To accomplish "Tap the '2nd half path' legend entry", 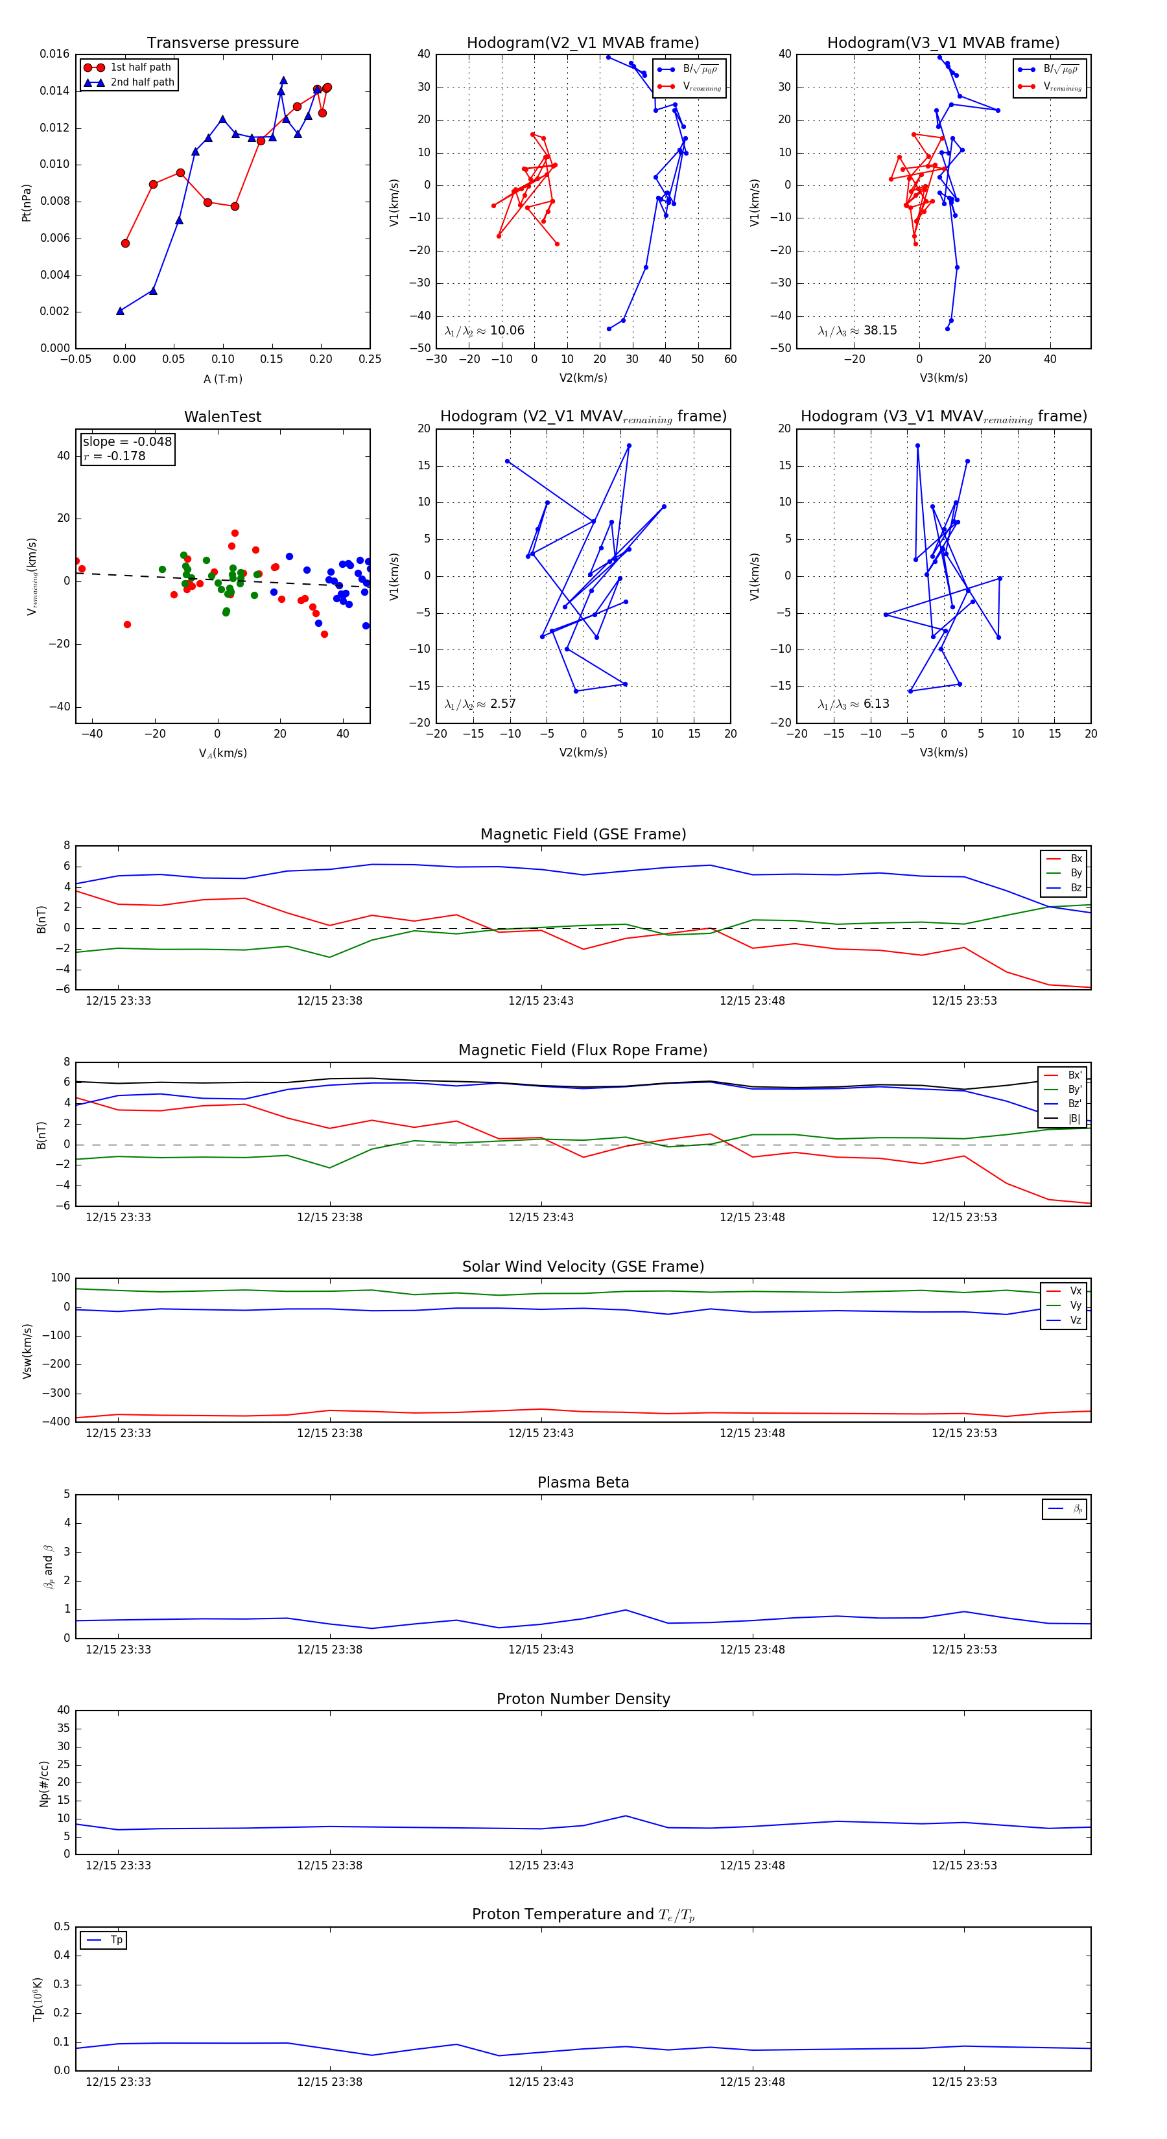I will [x=142, y=82].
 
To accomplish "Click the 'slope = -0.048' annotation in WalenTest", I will [x=127, y=442].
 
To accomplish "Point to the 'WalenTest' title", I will [x=222, y=417].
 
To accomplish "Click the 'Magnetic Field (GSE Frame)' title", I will [x=583, y=834].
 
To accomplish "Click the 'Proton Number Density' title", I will [x=583, y=1699].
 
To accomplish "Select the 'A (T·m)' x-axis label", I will [x=222, y=379].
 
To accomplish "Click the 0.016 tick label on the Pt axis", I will [x=55, y=54].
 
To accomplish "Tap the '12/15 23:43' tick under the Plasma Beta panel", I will [x=541, y=1649].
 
